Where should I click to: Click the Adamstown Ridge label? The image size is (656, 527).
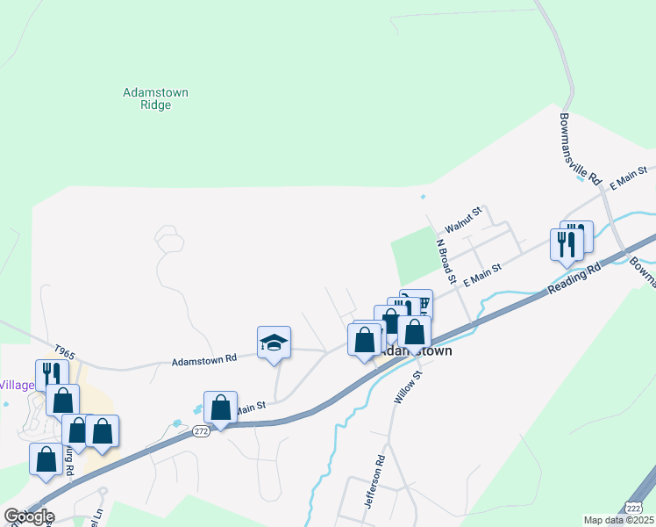(x=156, y=98)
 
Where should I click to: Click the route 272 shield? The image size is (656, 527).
(x=202, y=431)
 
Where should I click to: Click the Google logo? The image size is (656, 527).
(x=29, y=516)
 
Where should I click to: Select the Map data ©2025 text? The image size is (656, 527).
(x=618, y=520)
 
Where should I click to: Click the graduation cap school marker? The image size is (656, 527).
(x=274, y=343)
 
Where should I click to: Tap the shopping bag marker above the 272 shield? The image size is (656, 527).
(x=220, y=408)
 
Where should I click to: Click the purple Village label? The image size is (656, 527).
(x=16, y=385)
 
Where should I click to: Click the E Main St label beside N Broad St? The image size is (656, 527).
(x=481, y=275)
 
